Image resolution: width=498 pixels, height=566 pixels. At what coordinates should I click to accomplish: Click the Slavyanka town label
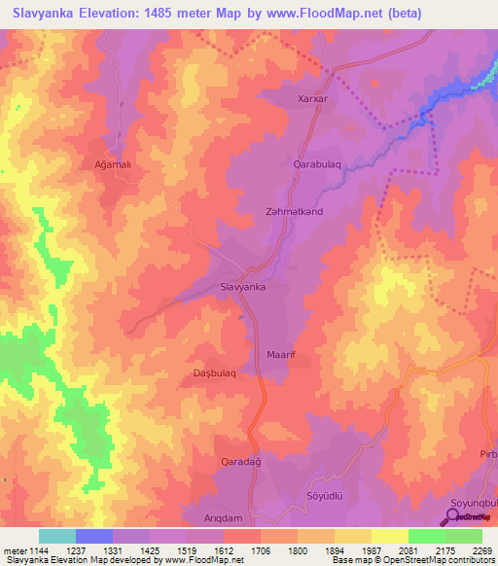243,288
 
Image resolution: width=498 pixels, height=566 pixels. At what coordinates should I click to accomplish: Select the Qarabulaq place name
317,164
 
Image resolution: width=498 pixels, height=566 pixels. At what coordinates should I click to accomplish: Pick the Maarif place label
281,355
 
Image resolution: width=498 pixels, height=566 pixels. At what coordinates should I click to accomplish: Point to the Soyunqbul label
474,503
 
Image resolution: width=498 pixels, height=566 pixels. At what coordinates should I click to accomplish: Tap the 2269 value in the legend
470,550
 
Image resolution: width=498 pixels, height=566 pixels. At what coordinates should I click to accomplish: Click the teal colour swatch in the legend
56,536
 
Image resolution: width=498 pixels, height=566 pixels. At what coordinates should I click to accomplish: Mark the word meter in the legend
15,550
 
